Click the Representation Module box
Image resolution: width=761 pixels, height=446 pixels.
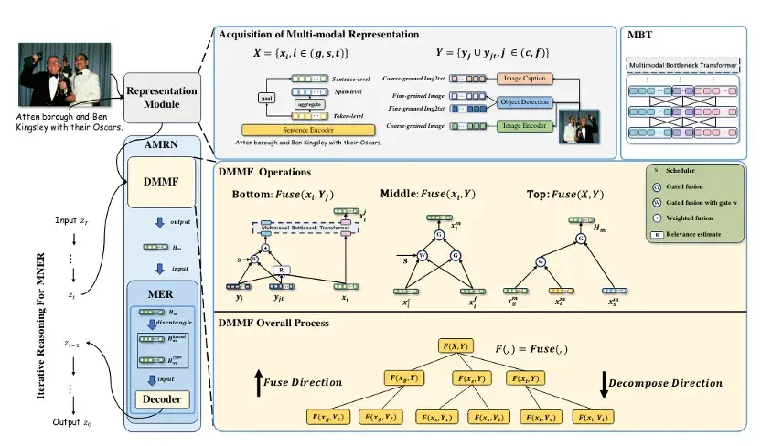[163, 98]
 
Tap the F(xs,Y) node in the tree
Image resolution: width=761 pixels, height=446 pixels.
[467, 377]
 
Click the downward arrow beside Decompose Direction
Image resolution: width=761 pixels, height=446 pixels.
[604, 385]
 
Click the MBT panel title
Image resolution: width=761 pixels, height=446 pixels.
[640, 35]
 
